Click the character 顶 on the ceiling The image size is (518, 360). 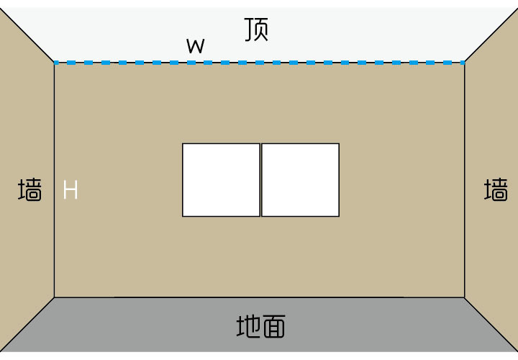(x=257, y=29)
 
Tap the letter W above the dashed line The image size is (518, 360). (x=195, y=47)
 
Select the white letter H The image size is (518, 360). (x=70, y=190)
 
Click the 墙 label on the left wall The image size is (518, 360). (x=29, y=190)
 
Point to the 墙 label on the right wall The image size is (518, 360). (x=496, y=190)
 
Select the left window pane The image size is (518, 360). (x=221, y=180)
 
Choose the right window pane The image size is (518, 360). (x=300, y=180)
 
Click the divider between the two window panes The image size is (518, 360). (x=260, y=180)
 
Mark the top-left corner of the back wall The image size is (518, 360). (x=55, y=63)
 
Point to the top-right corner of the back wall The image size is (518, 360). (x=464, y=63)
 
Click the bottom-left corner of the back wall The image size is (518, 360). (x=55, y=297)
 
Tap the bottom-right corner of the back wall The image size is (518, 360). (x=464, y=297)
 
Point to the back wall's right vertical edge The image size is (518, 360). (x=464, y=238)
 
